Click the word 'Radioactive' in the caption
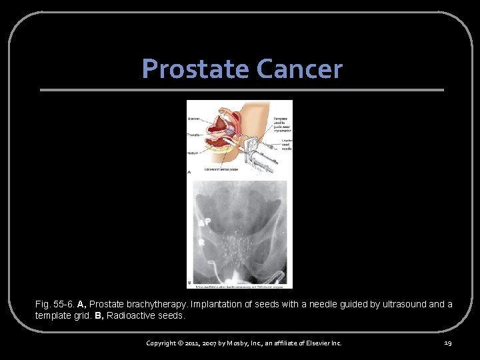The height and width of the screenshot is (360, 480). click(131, 315)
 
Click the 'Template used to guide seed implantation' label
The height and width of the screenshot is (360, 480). click(282, 124)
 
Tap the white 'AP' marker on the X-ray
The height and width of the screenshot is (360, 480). click(205, 223)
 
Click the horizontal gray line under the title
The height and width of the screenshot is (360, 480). click(241, 90)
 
